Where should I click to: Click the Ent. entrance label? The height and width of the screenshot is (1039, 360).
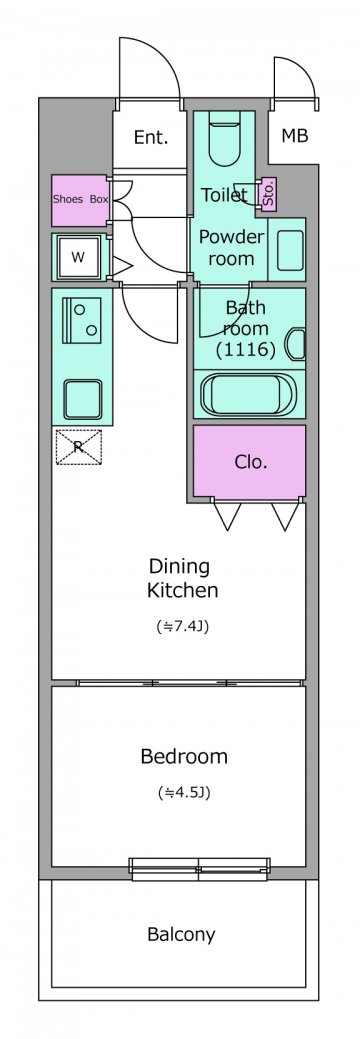pos(150,138)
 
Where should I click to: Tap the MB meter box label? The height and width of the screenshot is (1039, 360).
pos(294,137)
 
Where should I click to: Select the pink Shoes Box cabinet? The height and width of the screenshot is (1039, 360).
pos(80,200)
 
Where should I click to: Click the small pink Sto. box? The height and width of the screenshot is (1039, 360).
pos(269,195)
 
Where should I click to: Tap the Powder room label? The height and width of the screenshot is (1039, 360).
pos(231,247)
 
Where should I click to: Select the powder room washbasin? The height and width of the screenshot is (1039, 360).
pos(290,250)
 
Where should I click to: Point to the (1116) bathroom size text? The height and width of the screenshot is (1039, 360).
pos(245,350)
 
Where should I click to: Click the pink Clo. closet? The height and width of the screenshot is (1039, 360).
pos(250,463)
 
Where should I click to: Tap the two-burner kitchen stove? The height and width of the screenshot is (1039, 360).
pos(82,320)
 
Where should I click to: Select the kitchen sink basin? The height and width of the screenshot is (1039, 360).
pos(83,399)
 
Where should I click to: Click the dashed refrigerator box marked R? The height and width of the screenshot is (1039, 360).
pos(78,447)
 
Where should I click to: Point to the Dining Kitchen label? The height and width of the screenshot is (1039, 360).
pos(182,578)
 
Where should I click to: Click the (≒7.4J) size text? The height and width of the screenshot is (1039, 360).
pos(183,626)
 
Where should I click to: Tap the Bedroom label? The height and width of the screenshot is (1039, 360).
pos(184,756)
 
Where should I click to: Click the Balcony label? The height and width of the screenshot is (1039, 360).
pos(181,935)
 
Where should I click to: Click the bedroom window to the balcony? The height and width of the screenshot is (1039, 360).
pos(200,869)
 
